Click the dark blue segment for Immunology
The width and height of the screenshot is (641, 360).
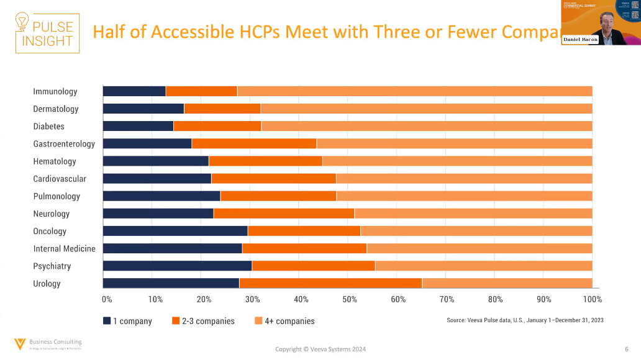(134, 91)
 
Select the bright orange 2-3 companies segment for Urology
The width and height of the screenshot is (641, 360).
(330, 283)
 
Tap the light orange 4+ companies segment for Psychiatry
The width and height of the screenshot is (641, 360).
(483, 266)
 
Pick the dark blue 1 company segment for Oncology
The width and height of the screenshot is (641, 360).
(175, 231)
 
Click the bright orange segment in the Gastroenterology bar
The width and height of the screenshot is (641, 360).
(254, 143)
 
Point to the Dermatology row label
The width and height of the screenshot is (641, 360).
(56, 109)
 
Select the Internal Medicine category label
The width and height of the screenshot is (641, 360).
(65, 248)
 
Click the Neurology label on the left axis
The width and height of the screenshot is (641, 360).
(52, 214)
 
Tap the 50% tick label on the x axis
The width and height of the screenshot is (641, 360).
(350, 300)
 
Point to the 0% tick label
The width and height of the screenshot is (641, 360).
(107, 300)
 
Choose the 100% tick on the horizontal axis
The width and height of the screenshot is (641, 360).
(593, 300)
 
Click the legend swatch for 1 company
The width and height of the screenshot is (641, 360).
(107, 321)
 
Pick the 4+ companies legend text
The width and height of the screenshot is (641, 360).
(289, 321)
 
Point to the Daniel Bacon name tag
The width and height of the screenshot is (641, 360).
(580, 40)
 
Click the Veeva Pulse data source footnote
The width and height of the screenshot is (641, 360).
(525, 320)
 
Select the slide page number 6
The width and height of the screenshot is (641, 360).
(625, 349)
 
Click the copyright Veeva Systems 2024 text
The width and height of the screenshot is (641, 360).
(320, 349)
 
